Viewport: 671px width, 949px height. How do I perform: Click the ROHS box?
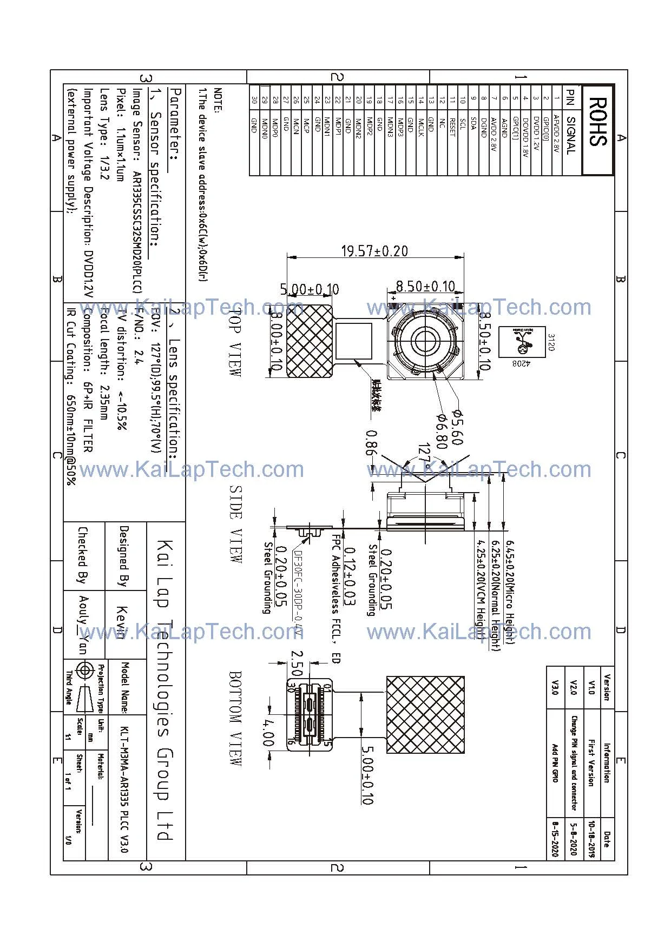click(597, 130)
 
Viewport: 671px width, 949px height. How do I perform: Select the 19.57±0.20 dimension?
click(374, 251)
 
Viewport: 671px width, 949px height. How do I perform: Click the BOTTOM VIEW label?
click(235, 718)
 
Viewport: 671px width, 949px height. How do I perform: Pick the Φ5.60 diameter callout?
click(456, 427)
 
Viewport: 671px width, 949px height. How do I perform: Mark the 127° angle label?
click(425, 455)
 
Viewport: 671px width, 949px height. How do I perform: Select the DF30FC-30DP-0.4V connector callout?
click(298, 593)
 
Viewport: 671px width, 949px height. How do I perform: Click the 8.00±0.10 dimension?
click(277, 342)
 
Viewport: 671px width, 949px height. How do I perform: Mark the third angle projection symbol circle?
click(84, 671)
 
